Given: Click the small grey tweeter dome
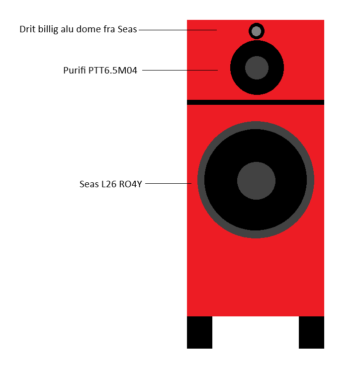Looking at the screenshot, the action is pyautogui.click(x=256, y=31).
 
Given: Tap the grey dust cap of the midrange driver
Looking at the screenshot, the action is pyautogui.click(x=257, y=68).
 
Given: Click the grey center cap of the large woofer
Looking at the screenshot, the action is pyautogui.click(x=256, y=181).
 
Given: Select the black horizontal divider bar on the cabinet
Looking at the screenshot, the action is pyautogui.click(x=256, y=102).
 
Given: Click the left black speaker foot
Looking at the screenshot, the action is pyautogui.click(x=199, y=332).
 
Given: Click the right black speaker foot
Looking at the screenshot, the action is pyautogui.click(x=311, y=332).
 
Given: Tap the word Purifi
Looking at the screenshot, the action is pyautogui.click(x=75, y=71).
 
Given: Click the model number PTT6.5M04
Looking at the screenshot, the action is pyautogui.click(x=113, y=71).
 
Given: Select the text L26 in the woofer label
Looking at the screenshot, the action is pyautogui.click(x=109, y=184).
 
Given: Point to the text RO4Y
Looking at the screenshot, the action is pyautogui.click(x=130, y=184).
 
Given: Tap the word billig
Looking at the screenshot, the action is pyautogui.click(x=48, y=30).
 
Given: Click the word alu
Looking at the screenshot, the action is pyautogui.click(x=67, y=29).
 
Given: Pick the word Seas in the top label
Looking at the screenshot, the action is pyautogui.click(x=127, y=29).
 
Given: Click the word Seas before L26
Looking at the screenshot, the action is pyautogui.click(x=89, y=184).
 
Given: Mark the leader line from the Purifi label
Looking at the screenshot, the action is pyautogui.click(x=180, y=70).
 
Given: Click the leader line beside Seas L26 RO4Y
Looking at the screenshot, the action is pyautogui.click(x=168, y=183).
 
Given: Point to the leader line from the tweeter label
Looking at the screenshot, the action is pyautogui.click(x=178, y=30).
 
